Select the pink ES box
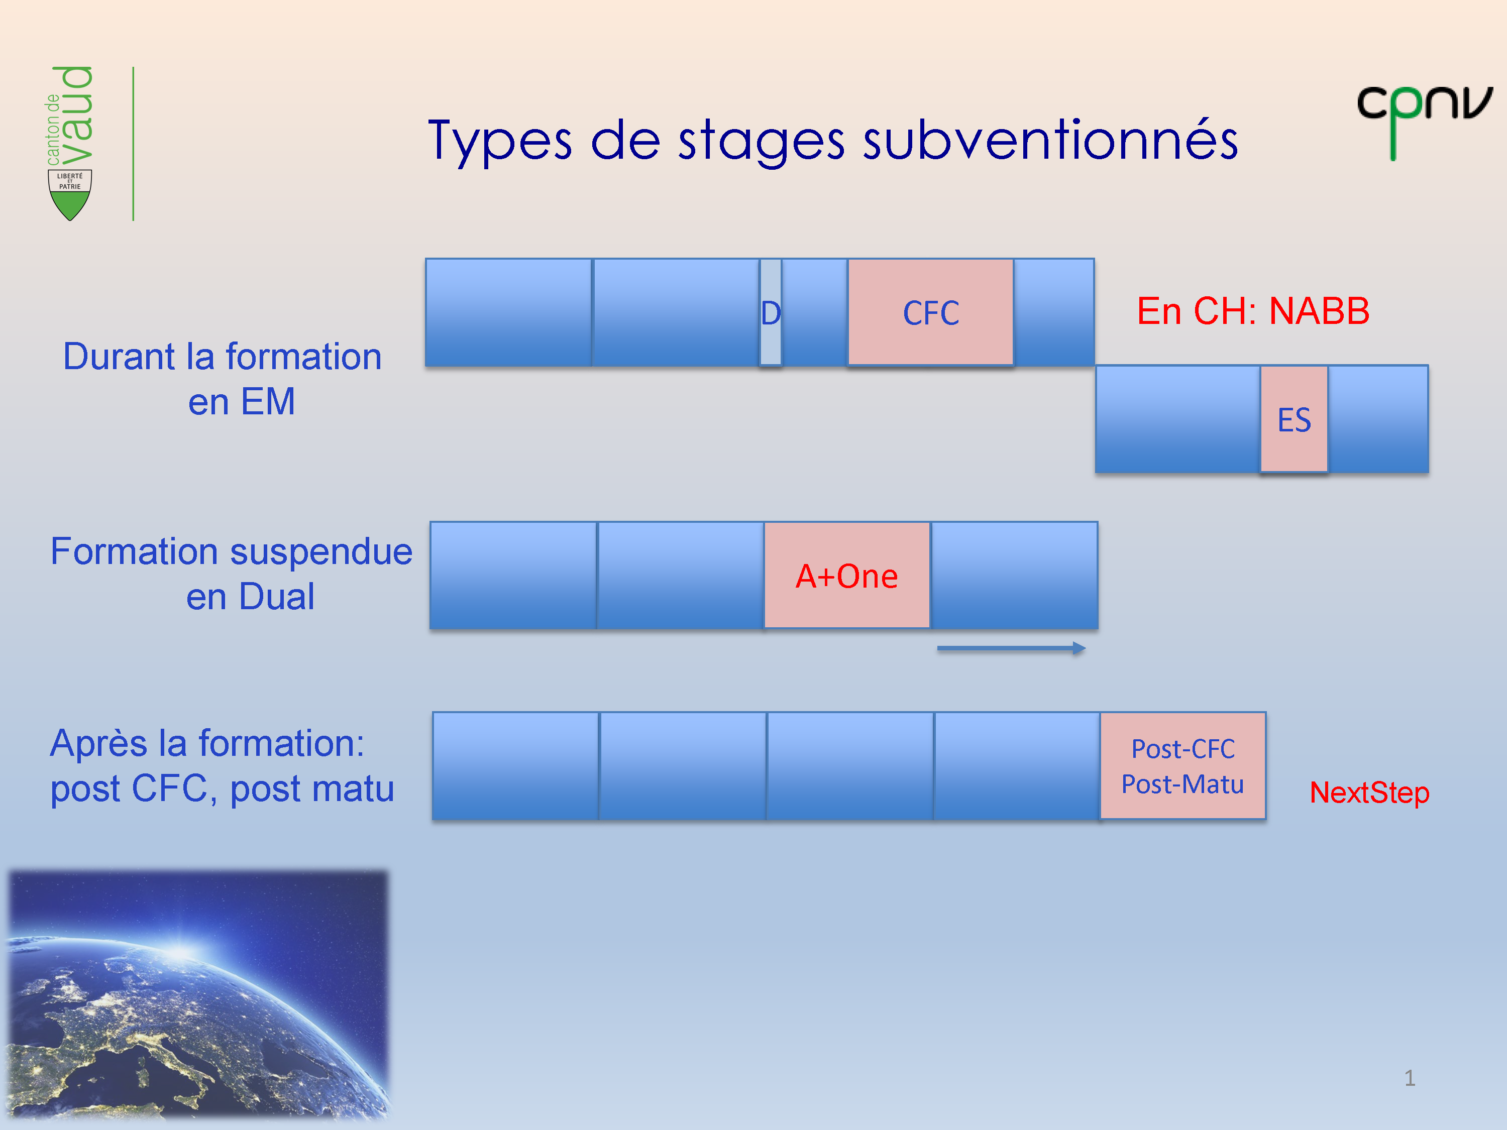[1293, 419]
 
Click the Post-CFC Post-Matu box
[1182, 765]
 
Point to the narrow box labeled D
[771, 313]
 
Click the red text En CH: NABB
[1252, 311]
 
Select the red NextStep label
[1369, 792]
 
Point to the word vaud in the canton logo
[76, 115]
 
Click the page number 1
[1410, 1078]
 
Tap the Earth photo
[197, 994]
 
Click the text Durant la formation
[222, 357]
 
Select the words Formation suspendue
[232, 552]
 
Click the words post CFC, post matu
[222, 789]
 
